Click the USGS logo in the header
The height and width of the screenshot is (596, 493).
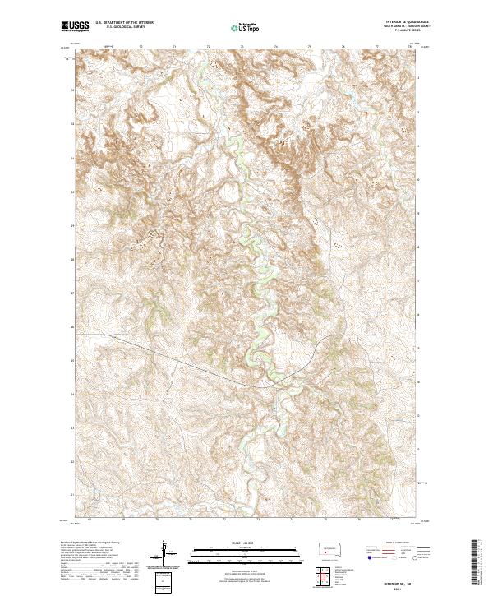(x=76, y=27)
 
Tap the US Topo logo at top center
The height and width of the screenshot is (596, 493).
(x=246, y=28)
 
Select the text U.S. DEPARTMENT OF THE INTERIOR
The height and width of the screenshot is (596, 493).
(x=124, y=23)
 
